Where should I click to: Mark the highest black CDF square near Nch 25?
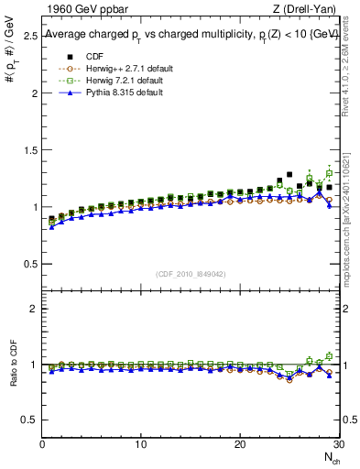(289, 174)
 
